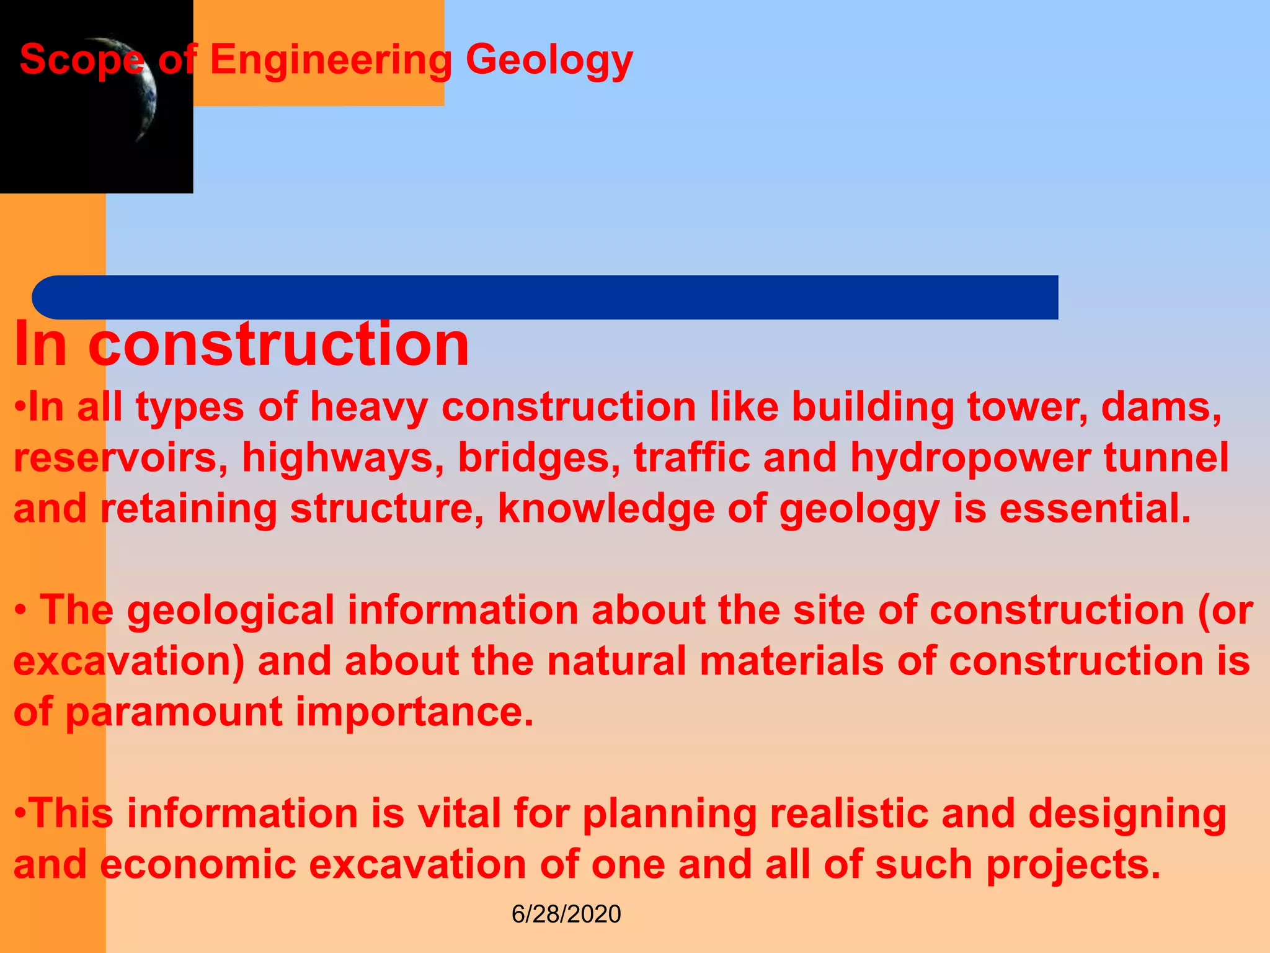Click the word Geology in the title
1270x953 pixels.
click(549, 61)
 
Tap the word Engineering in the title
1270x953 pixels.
click(331, 61)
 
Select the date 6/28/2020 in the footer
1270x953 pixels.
click(566, 914)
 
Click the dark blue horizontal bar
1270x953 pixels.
click(546, 297)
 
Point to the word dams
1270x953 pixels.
click(1160, 408)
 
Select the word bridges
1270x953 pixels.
click(539, 458)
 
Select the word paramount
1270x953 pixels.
click(174, 712)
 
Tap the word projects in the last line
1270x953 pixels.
click(1073, 864)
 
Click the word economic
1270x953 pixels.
click(198, 864)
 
